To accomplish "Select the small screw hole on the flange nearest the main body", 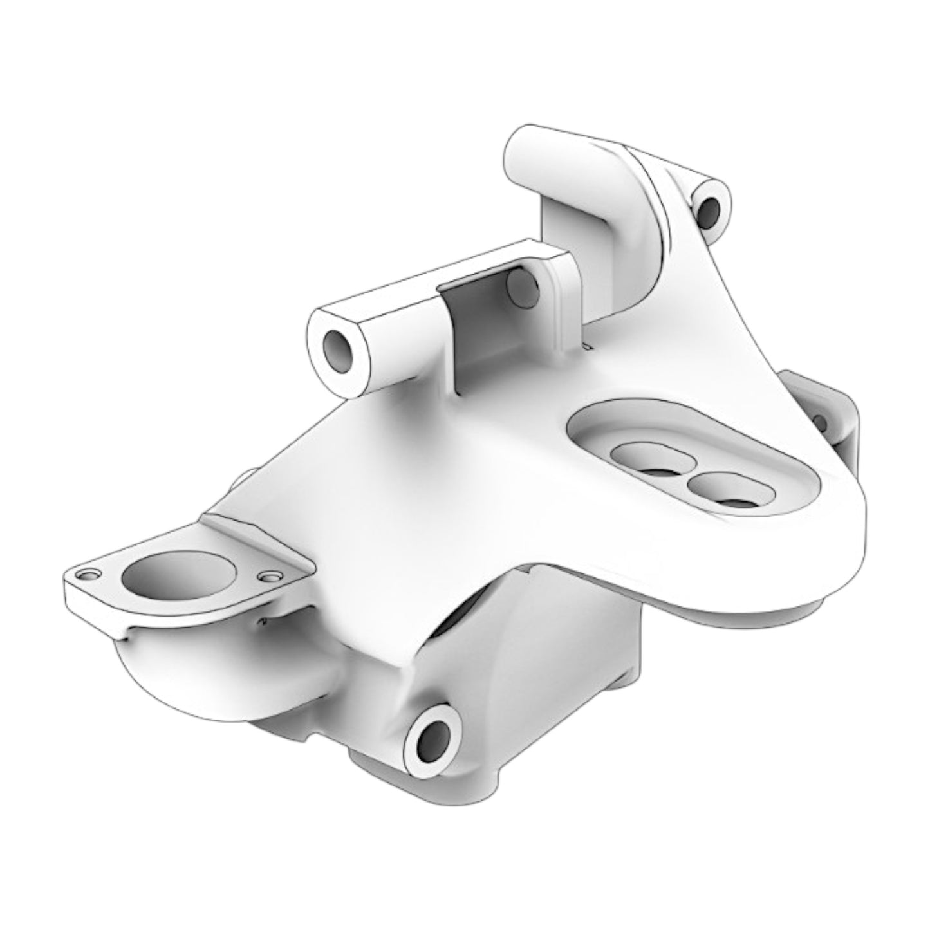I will click(269, 575).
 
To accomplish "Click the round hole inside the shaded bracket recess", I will click(522, 288).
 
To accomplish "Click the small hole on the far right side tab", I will click(821, 422).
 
